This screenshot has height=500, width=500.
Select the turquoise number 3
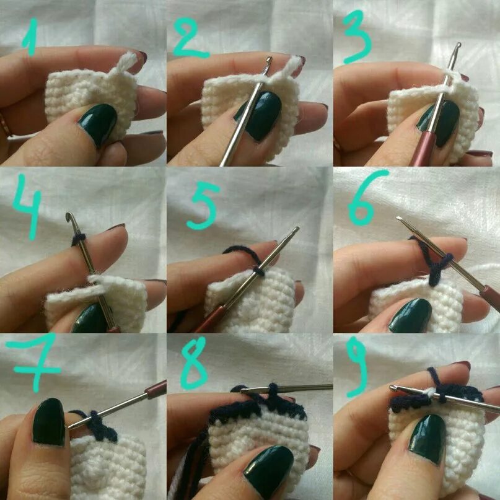[357, 36]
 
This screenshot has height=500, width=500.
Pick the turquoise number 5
[203, 206]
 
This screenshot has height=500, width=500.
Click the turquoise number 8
[193, 363]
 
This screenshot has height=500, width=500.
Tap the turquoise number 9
[356, 367]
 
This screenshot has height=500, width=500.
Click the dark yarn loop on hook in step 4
[79, 240]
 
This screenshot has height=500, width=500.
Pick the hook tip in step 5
[296, 229]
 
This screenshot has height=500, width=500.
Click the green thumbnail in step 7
[49, 421]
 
